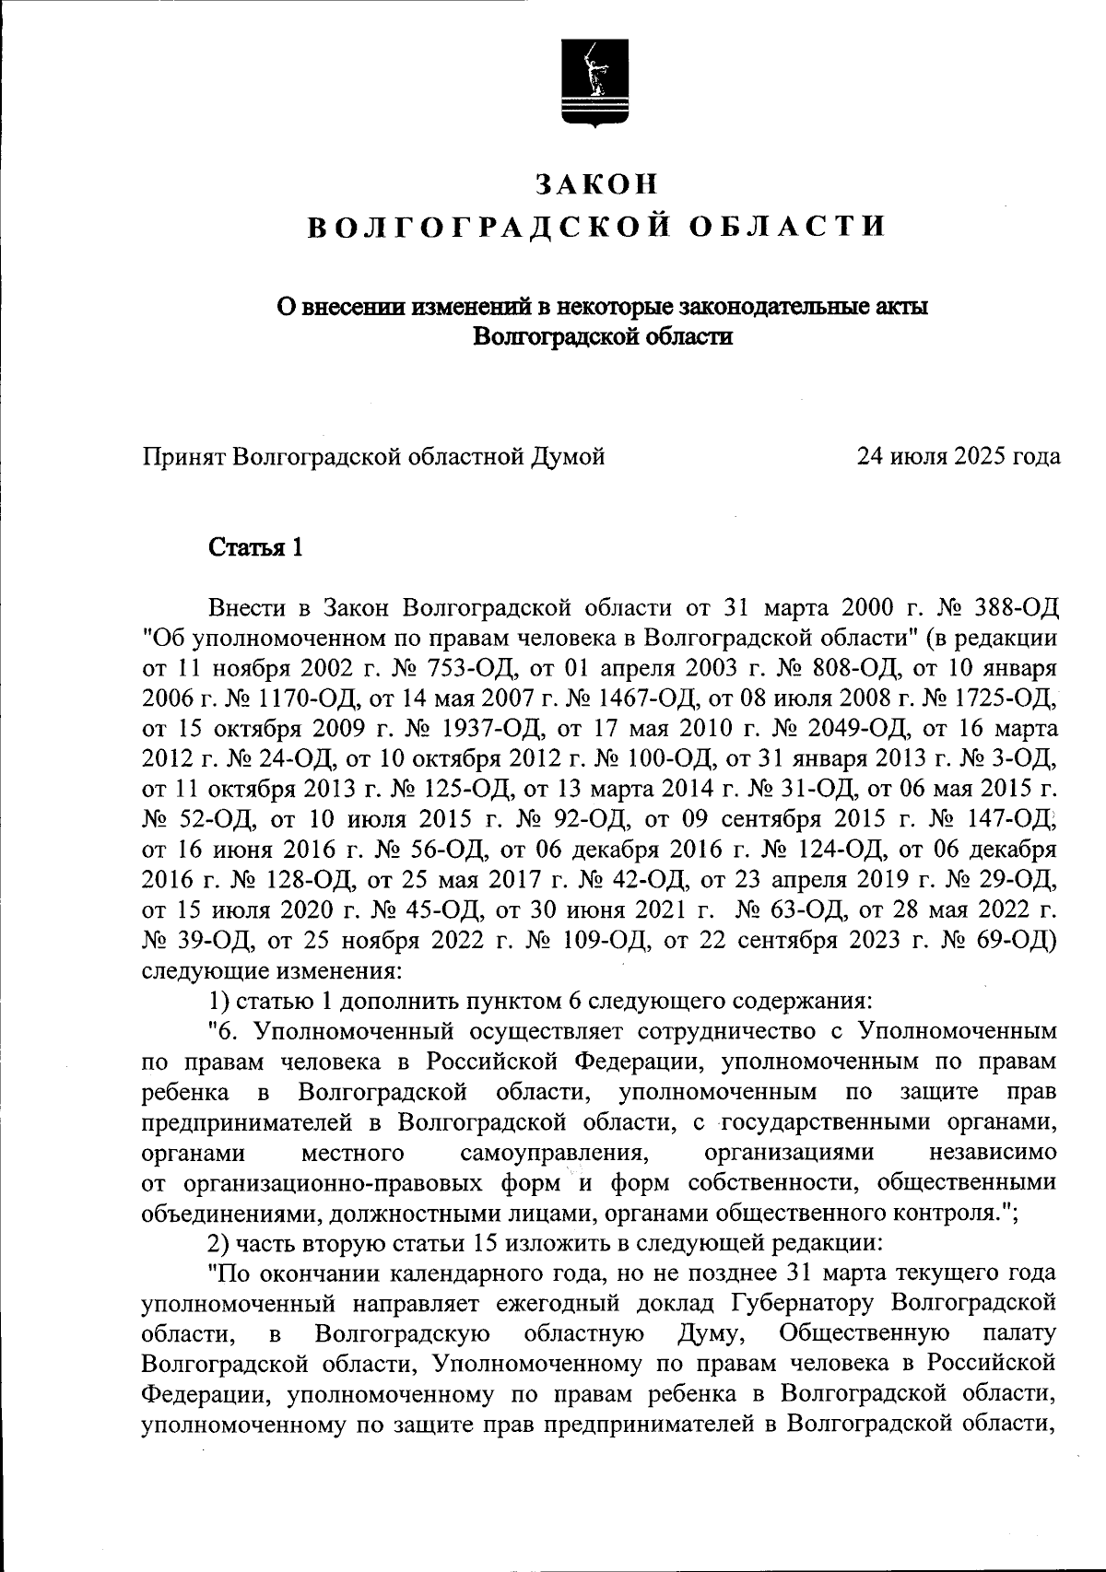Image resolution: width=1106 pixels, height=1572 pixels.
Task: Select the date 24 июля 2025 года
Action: [x=958, y=456]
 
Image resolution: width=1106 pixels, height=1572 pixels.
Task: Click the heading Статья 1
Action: [x=255, y=548]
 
